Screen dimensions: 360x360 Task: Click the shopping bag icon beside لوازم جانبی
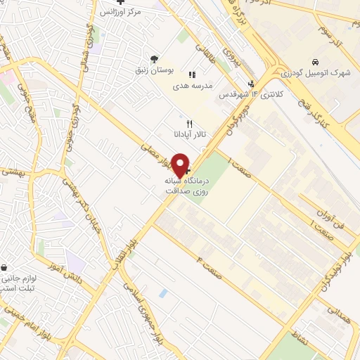[x=5, y=268]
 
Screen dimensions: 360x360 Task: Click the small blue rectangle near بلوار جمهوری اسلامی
[x=162, y=291]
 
